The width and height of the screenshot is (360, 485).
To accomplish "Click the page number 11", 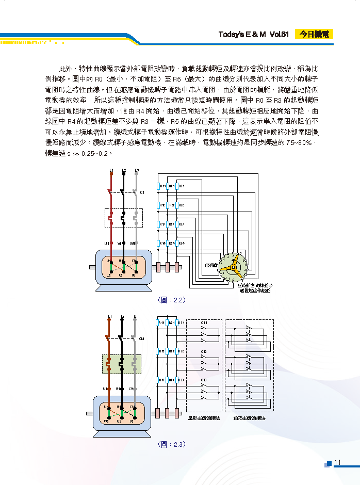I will click(338, 462).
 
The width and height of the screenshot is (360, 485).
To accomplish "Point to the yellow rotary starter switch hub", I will click(233, 267).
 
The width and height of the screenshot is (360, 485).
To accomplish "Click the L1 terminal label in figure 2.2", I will click(111, 170).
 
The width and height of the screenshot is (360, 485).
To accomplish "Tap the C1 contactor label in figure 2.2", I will click(142, 192).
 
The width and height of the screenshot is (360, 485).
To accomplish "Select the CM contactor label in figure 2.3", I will click(141, 338).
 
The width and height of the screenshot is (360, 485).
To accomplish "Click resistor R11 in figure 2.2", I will click(158, 186).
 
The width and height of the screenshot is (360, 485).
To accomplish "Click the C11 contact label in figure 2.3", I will click(204, 323).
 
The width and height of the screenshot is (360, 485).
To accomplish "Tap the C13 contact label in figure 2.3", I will click(204, 380).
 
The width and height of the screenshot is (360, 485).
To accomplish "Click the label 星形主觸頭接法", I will click(204, 418).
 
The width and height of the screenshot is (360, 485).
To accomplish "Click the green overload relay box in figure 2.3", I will click(122, 364).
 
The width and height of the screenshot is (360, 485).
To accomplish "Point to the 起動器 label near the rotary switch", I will click(210, 265).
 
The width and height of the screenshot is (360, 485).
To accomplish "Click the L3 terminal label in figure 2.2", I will click(136, 170).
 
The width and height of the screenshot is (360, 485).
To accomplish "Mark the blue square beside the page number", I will click(328, 463).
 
